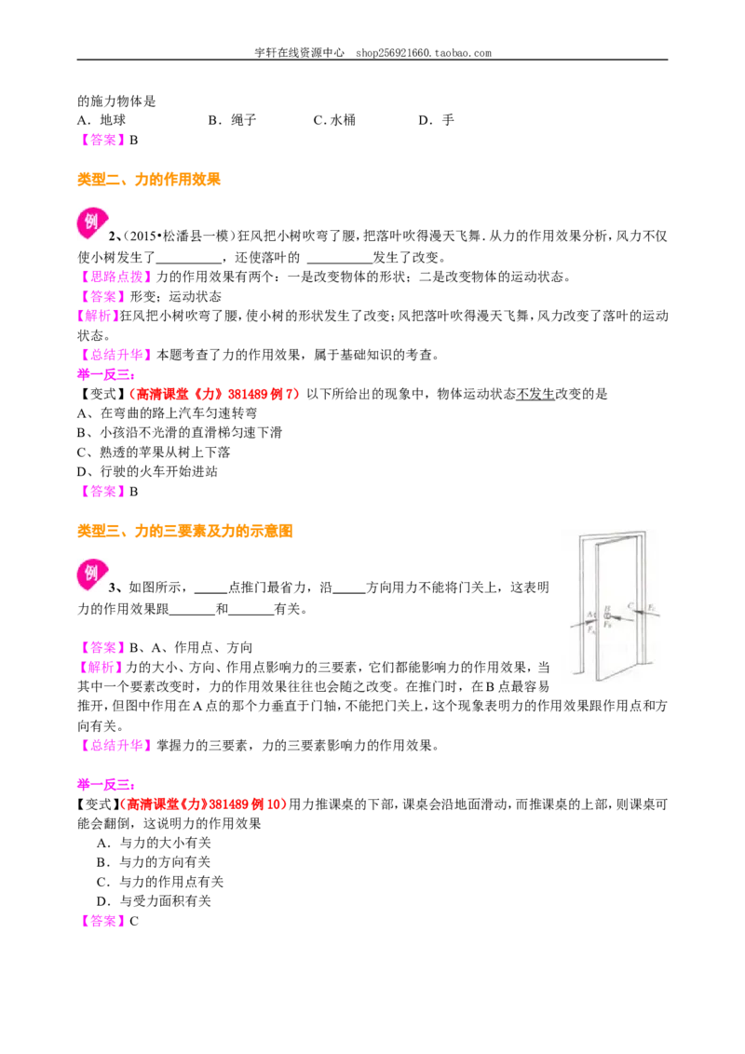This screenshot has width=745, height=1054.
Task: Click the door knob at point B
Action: point(608,615)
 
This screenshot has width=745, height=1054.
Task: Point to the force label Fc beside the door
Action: point(652,608)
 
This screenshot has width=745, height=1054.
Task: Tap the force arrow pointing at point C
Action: point(647,614)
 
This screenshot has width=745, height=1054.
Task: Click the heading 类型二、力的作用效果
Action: point(149,180)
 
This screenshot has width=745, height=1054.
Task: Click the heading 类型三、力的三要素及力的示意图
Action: point(185,531)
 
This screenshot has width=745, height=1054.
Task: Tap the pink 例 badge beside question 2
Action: point(92,223)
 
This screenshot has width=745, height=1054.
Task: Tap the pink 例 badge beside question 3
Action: point(92,574)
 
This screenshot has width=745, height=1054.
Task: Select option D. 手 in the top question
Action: point(437,120)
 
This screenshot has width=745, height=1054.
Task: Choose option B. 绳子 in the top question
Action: point(233,120)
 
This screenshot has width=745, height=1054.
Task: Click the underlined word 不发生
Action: point(535,394)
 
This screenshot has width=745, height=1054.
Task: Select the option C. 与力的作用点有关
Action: point(160,882)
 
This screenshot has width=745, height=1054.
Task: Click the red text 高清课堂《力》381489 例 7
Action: point(217,394)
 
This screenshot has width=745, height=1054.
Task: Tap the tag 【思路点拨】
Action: point(116,277)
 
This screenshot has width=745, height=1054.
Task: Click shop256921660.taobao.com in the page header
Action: point(424,53)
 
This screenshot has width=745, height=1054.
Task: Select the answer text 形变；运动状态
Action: point(175,296)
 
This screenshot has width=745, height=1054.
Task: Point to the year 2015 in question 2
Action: point(143,236)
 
